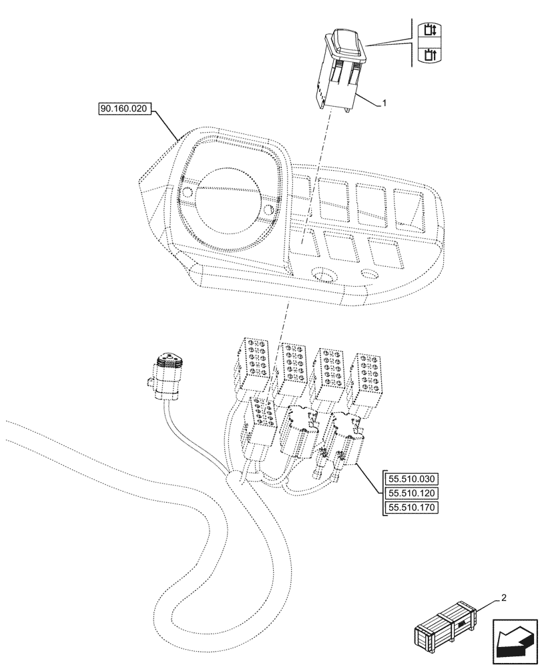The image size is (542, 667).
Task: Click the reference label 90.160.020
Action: [x=125, y=107]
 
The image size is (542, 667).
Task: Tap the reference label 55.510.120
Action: [x=411, y=494]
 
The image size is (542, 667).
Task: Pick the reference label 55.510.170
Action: [x=411, y=509]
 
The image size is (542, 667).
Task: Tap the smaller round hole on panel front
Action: [x=368, y=273]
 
